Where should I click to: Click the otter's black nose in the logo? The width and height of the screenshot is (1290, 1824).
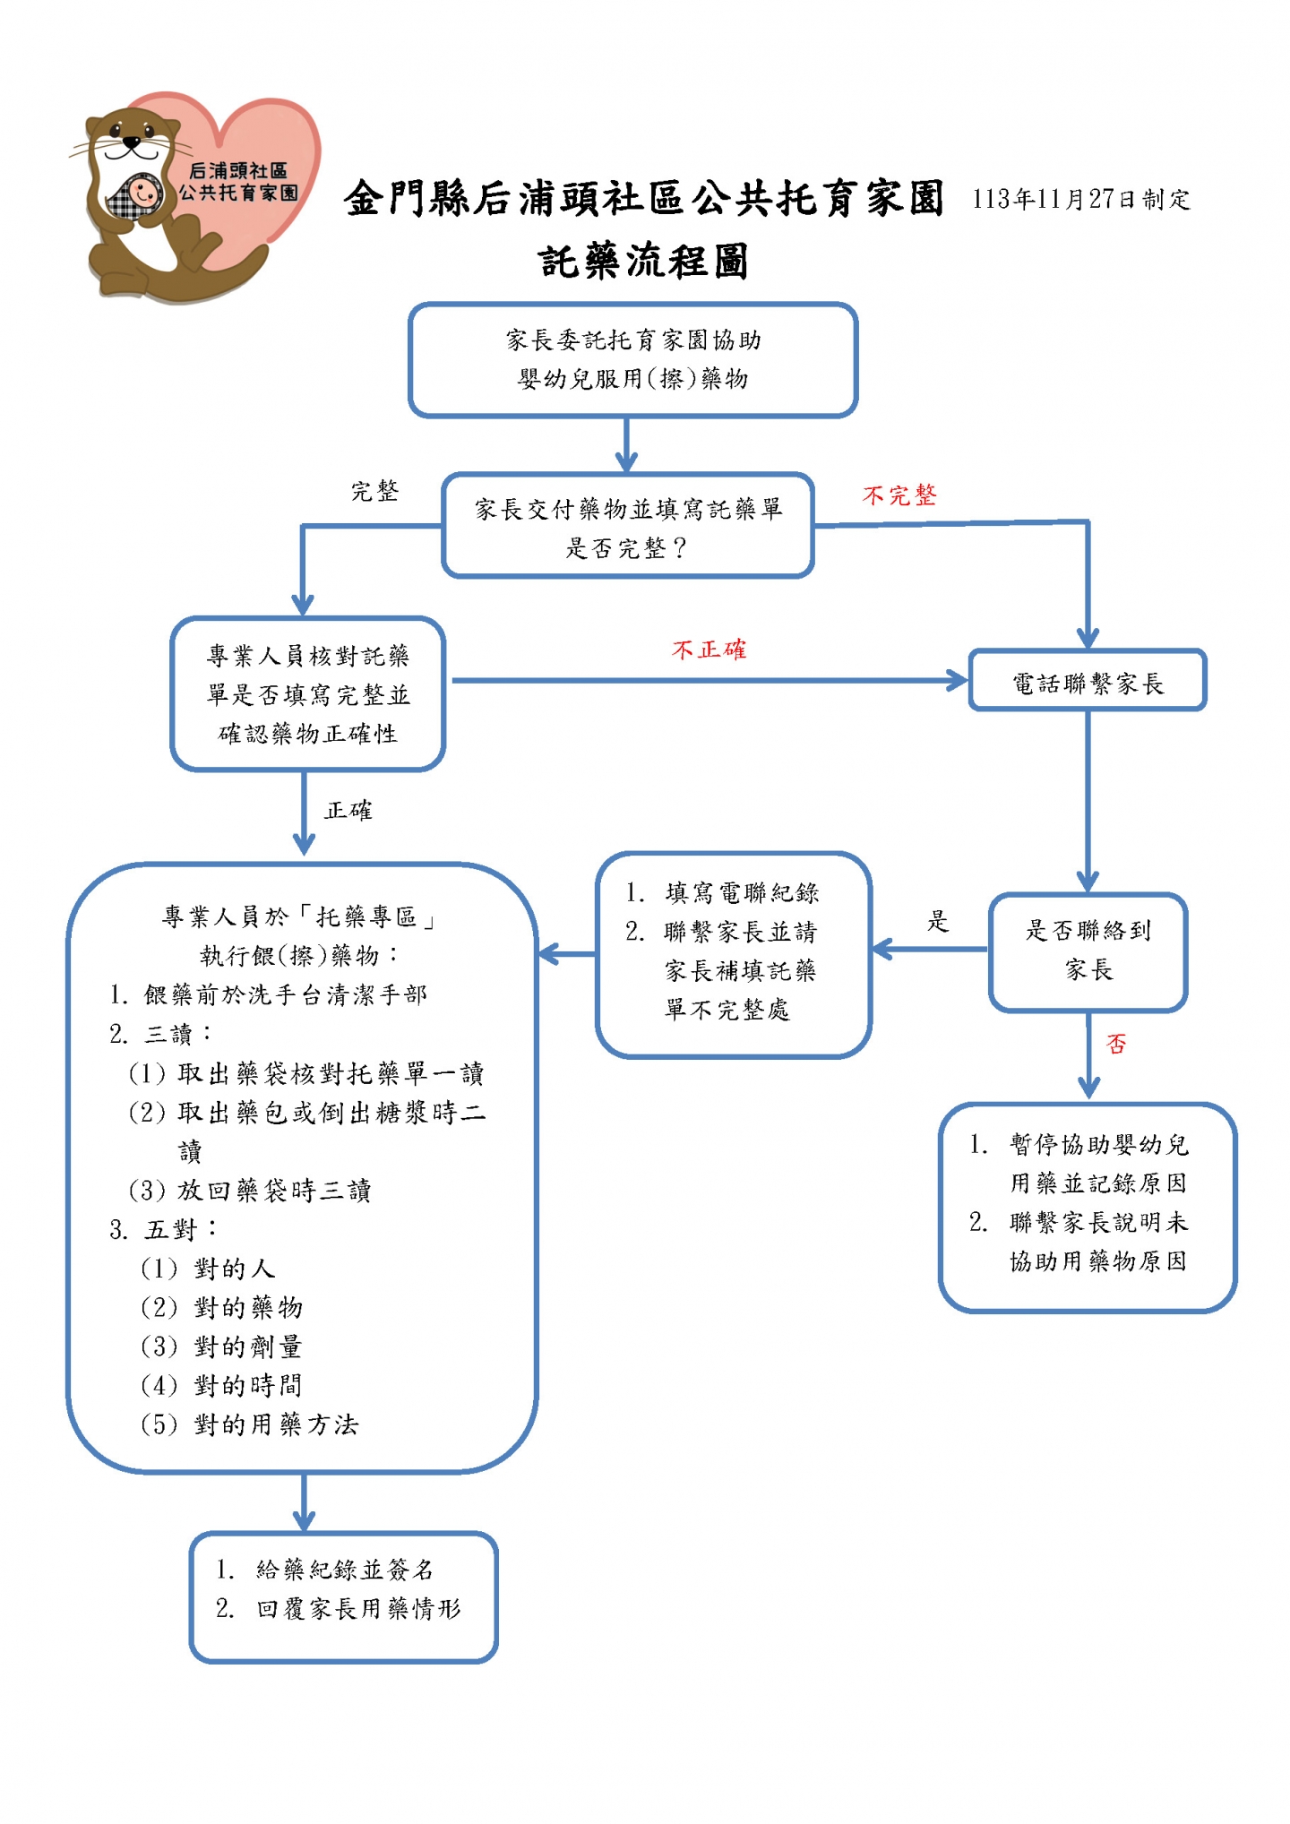click(133, 141)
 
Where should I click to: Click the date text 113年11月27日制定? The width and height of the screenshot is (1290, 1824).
click(1081, 199)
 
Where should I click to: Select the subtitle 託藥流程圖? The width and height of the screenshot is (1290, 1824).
click(643, 262)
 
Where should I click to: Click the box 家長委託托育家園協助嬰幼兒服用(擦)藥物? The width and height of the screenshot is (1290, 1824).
click(632, 360)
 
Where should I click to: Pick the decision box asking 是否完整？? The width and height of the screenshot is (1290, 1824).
click(628, 526)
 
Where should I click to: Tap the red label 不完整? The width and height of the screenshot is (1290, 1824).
click(899, 495)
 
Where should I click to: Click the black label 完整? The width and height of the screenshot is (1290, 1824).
click(374, 491)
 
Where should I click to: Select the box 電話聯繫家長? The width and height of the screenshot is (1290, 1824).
click(1088, 681)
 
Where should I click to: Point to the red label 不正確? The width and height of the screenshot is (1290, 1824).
click(709, 650)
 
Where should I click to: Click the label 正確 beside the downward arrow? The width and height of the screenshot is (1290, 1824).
click(348, 811)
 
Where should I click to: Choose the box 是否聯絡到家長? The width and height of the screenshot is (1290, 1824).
click(1088, 952)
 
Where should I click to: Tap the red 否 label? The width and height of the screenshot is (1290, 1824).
click(1116, 1045)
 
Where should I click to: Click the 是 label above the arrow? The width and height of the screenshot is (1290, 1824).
click(937, 921)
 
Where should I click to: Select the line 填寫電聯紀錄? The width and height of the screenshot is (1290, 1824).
click(722, 893)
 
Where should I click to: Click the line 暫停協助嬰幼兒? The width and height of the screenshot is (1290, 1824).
click(1079, 1145)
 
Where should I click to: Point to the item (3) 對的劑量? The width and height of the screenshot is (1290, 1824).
click(222, 1347)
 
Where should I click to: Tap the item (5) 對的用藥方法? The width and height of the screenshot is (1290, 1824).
click(250, 1425)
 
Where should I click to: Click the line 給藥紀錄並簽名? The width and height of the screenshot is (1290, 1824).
click(324, 1570)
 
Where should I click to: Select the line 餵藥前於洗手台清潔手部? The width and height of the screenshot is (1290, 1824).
click(268, 995)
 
